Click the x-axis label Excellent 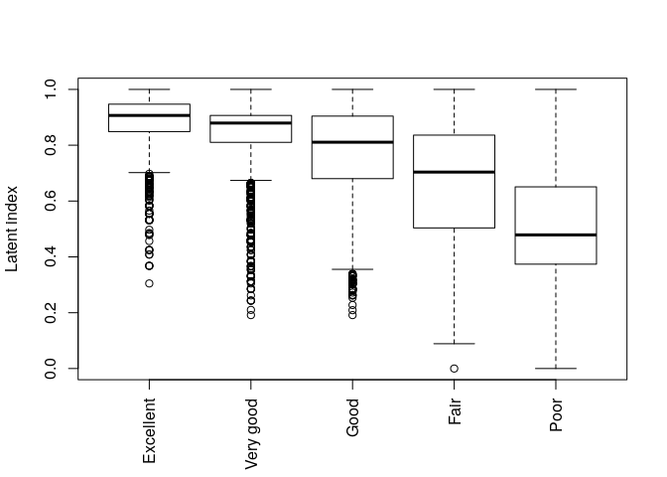(x=149, y=430)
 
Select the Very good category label (x=251, y=434)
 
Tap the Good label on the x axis (x=352, y=418)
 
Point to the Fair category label (x=455, y=411)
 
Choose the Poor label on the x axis (x=556, y=413)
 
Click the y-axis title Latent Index (x=13, y=229)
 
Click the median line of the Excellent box (x=149, y=115)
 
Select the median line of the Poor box (x=556, y=235)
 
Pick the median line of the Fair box (x=455, y=172)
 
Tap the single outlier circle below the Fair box (x=455, y=369)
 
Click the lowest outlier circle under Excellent (x=149, y=283)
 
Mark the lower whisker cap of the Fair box (x=455, y=344)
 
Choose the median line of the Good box (x=352, y=142)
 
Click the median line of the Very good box (x=251, y=122)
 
